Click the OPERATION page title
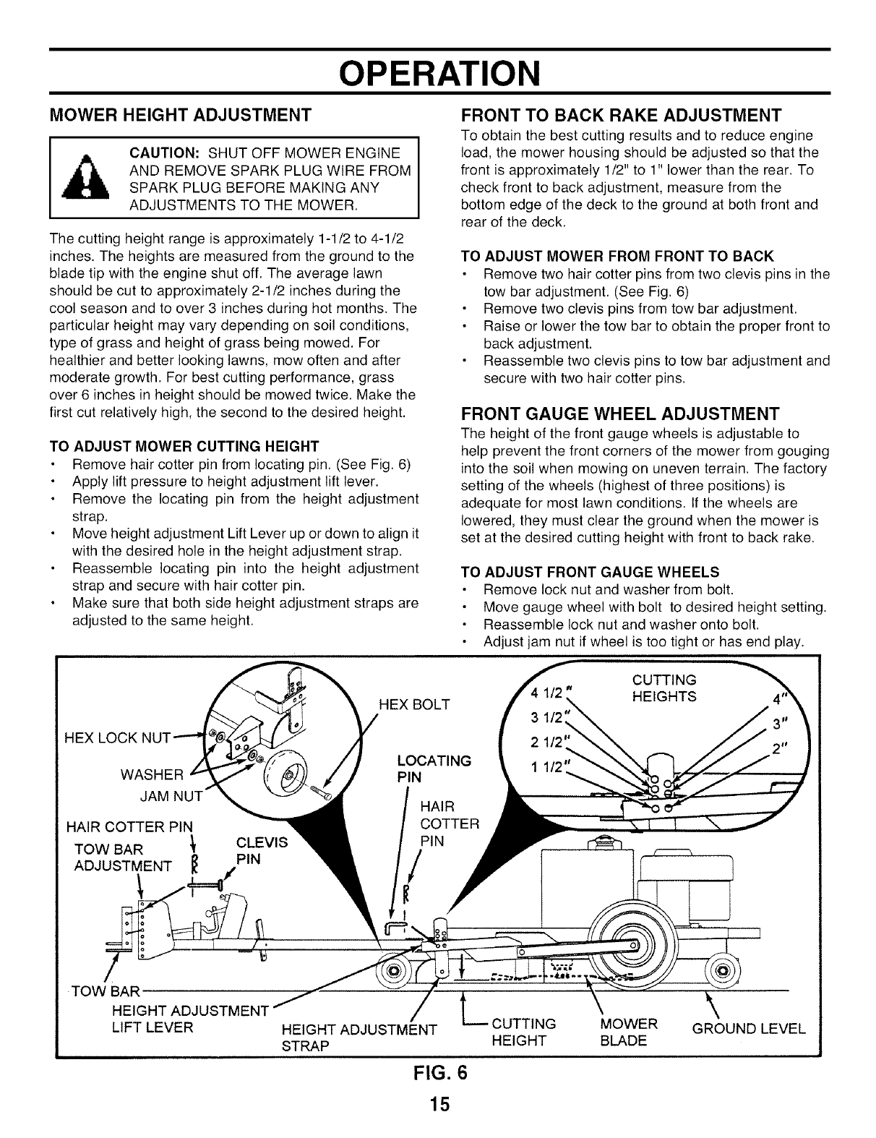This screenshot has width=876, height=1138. pyautogui.click(x=438, y=72)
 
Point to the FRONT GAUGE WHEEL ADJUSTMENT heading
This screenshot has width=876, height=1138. pyautogui.click(x=620, y=414)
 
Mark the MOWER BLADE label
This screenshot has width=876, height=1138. pyautogui.click(x=628, y=1032)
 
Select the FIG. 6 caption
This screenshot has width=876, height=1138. pyautogui.click(x=438, y=1072)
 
